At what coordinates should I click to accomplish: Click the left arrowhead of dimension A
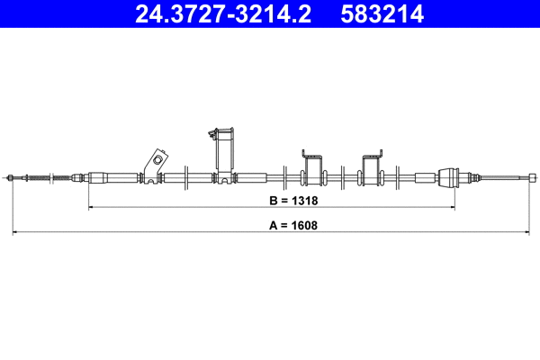[14, 233]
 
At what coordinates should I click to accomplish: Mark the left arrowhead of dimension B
[91, 207]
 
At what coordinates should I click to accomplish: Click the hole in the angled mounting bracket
[157, 161]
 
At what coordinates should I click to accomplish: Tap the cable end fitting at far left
[11, 177]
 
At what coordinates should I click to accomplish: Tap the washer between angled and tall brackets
[184, 176]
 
